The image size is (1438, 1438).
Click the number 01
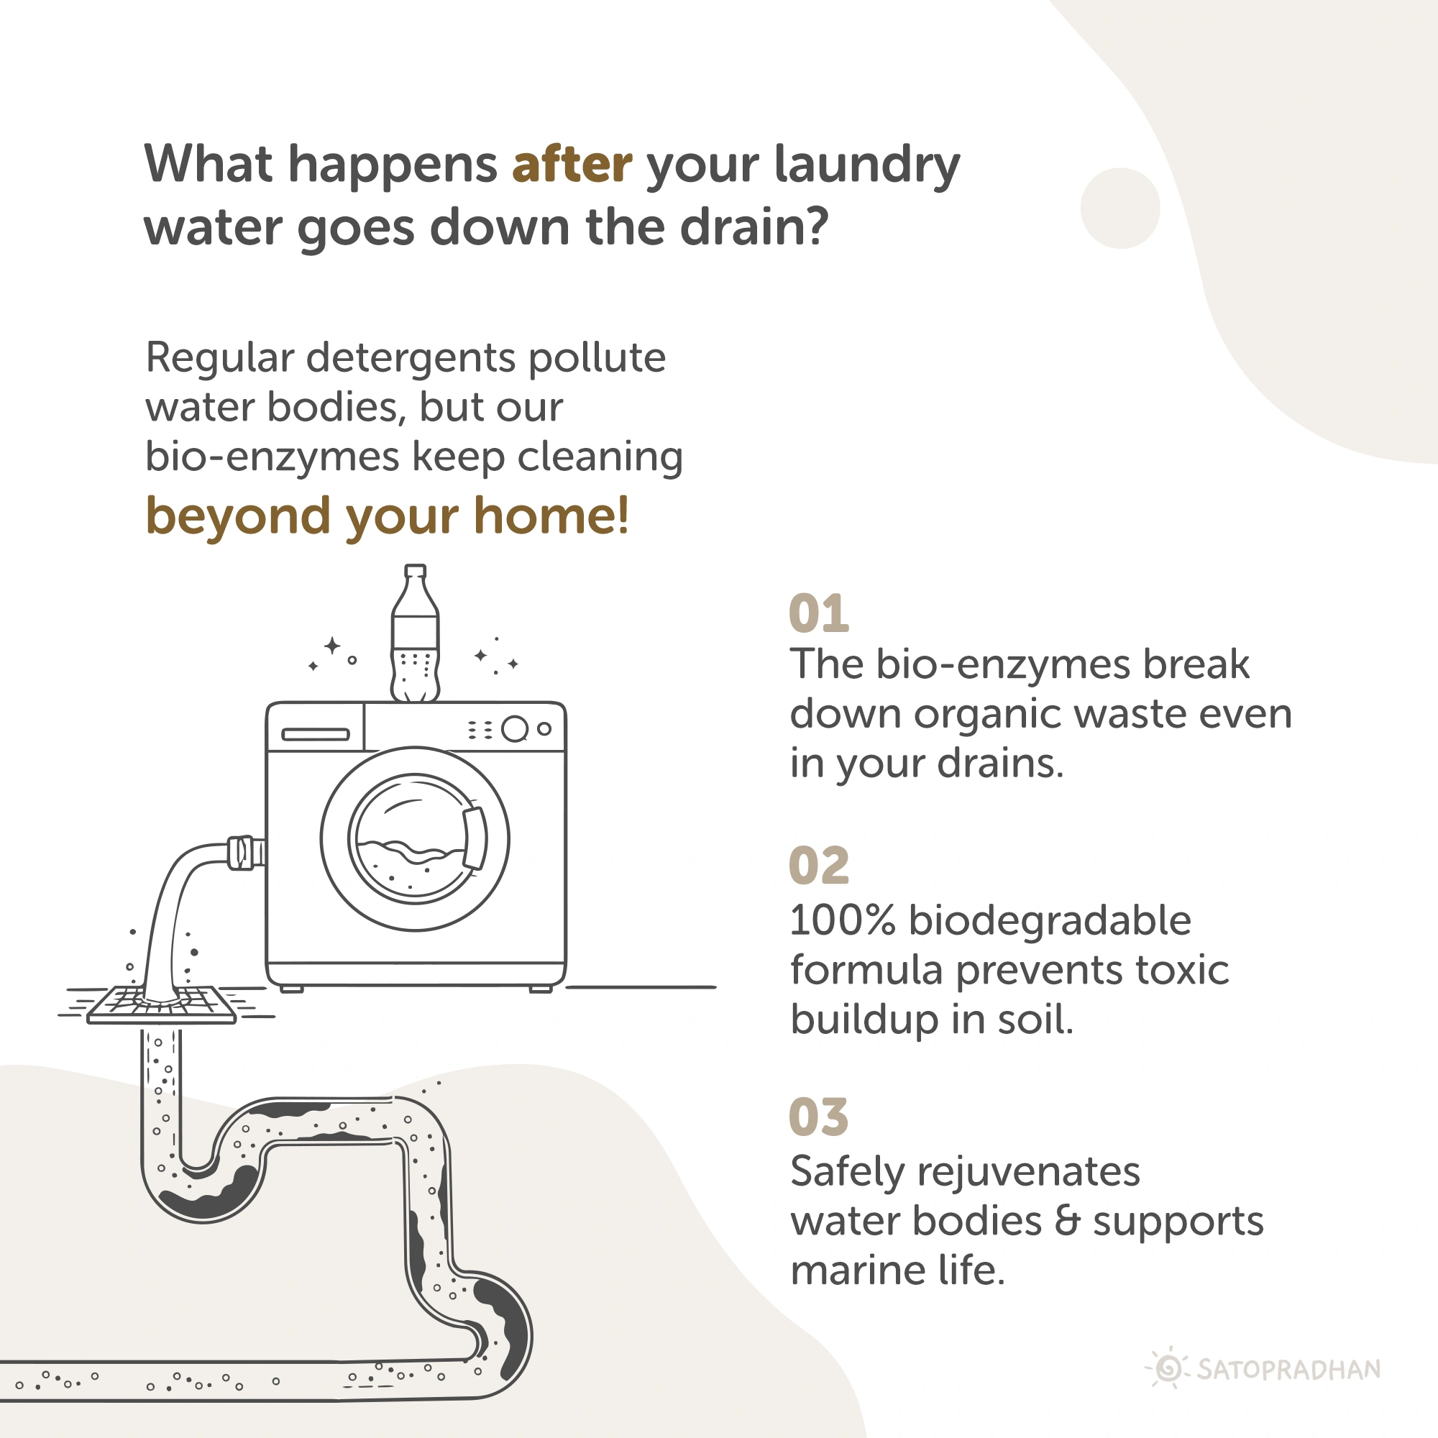tap(819, 613)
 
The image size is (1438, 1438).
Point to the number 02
tap(819, 865)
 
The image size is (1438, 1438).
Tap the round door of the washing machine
tap(416, 839)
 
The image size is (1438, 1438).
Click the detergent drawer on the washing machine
tap(316, 735)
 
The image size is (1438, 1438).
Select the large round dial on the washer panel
tap(515, 729)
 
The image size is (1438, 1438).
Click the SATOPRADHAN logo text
tap(1288, 1370)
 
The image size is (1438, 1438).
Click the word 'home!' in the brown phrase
tap(551, 516)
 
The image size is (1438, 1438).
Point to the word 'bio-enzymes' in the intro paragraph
tap(273, 457)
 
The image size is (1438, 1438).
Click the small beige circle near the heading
tap(1120, 209)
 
